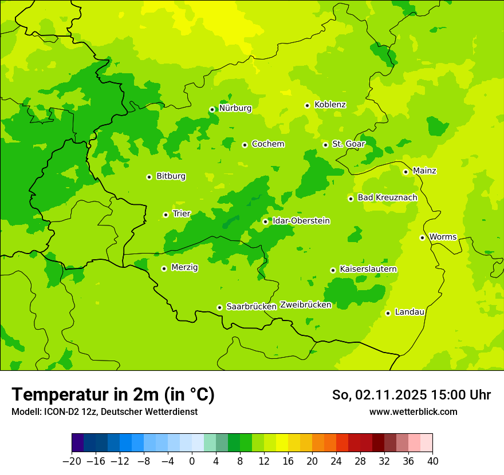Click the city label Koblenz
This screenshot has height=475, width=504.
tap(330, 105)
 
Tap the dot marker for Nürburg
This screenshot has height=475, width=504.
tap(212, 109)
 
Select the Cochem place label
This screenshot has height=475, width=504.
tap(267, 144)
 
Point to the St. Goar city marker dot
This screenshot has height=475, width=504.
tap(325, 145)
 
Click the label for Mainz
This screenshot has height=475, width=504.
tap(424, 171)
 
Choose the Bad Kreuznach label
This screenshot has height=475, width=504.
tap(387, 198)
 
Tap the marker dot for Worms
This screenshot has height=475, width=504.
tap(422, 237)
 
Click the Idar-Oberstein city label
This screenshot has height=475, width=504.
tap(301, 221)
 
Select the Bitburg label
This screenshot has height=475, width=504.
tap(171, 176)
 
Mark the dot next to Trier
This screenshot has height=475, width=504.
tap(166, 215)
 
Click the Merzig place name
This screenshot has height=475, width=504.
tap(184, 267)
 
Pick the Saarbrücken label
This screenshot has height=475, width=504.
tap(251, 307)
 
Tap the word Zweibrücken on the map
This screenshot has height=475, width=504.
tap(305, 305)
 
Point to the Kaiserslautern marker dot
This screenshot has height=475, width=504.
tap(333, 270)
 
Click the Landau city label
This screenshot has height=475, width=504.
tap(409, 312)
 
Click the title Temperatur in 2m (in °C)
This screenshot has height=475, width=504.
tap(113, 394)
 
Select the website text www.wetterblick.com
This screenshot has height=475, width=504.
tap(413, 412)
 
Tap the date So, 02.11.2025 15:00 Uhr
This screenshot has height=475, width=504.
tap(411, 395)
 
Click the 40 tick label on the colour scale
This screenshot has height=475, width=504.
tap(432, 461)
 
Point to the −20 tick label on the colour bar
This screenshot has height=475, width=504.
tap(72, 461)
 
